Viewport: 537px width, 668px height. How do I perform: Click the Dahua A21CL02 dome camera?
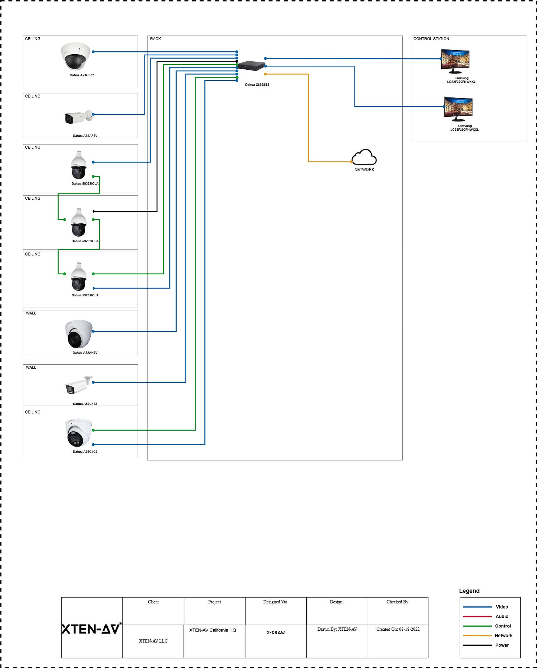[x=76, y=56]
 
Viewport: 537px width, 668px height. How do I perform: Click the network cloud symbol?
[x=364, y=158]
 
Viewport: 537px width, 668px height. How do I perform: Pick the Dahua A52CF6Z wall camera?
[x=79, y=385]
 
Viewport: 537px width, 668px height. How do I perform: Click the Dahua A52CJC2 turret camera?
[x=79, y=433]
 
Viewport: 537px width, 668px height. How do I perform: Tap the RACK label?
[x=155, y=39]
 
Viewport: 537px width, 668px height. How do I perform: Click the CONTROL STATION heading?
[x=431, y=39]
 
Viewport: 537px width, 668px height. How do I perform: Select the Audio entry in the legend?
[x=502, y=616]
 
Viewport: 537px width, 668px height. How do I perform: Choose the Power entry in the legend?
[x=502, y=645]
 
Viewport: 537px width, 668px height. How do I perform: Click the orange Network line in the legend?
[x=477, y=636]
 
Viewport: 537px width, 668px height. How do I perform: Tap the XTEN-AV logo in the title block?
[x=91, y=629]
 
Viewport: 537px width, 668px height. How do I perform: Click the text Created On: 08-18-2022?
[x=398, y=629]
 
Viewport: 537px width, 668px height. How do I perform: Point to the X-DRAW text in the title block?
[x=276, y=633]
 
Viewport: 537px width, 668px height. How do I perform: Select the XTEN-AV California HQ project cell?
[x=212, y=630]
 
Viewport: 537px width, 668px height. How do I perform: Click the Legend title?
[x=469, y=591]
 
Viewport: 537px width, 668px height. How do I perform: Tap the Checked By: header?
[x=398, y=602]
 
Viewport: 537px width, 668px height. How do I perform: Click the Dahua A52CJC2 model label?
[x=85, y=452]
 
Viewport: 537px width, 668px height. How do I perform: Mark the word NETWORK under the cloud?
[x=364, y=170]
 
